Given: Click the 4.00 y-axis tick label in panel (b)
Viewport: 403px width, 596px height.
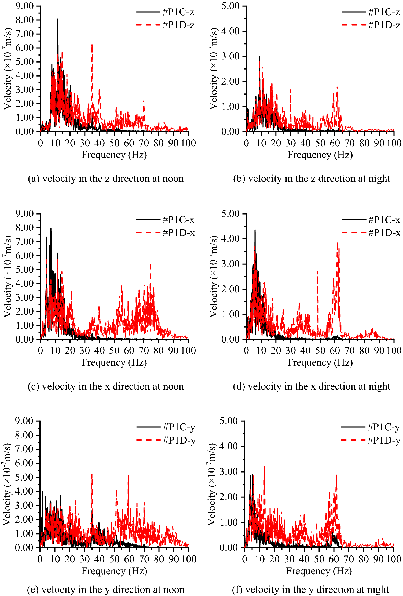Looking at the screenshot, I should click(x=230, y=31).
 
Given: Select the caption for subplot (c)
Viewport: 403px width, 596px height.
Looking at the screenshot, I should click(x=106, y=386).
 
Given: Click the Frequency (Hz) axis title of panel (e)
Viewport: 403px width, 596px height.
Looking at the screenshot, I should click(x=114, y=571).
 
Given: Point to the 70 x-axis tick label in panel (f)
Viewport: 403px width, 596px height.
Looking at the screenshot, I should click(x=349, y=559).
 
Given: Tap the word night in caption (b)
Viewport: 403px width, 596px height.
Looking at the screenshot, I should click(x=379, y=179).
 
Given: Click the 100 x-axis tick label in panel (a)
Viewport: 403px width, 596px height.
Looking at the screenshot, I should click(x=188, y=143).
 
